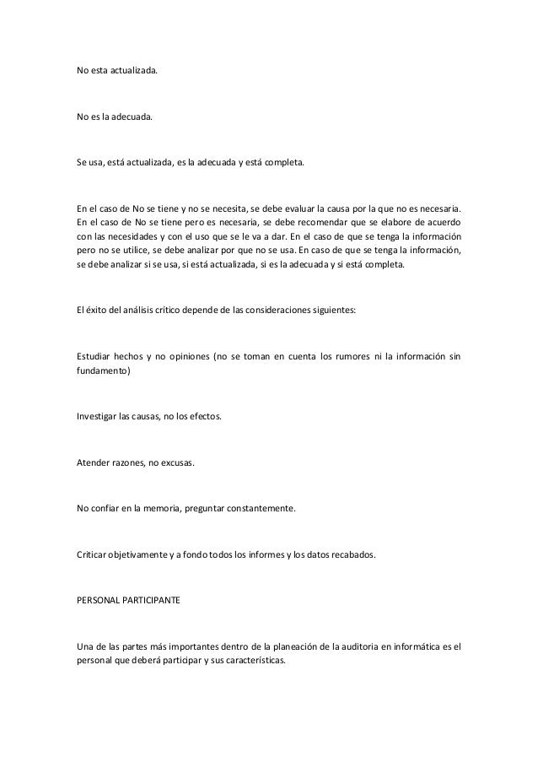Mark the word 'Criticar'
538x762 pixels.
[94, 555]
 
